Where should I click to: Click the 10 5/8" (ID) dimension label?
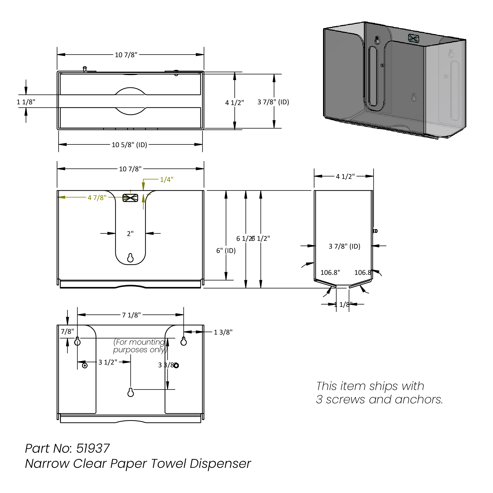(129, 145)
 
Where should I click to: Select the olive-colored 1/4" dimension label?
(166, 179)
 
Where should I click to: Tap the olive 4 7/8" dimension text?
(97, 198)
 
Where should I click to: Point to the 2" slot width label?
(130, 234)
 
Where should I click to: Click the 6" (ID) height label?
(226, 250)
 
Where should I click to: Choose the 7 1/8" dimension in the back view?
(131, 315)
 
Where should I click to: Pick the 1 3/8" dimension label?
(223, 332)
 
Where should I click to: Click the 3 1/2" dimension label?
(108, 362)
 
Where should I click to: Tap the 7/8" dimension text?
(67, 331)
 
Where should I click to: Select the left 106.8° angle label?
(330, 272)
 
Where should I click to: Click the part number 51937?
(93, 448)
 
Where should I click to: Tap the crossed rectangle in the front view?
(130, 198)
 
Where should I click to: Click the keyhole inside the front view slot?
(130, 258)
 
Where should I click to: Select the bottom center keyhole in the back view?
(130, 392)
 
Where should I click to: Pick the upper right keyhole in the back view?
(184, 341)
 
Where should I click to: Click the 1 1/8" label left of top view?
(26, 102)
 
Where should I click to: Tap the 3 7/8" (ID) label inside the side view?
(344, 246)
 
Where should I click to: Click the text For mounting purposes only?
(140, 346)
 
